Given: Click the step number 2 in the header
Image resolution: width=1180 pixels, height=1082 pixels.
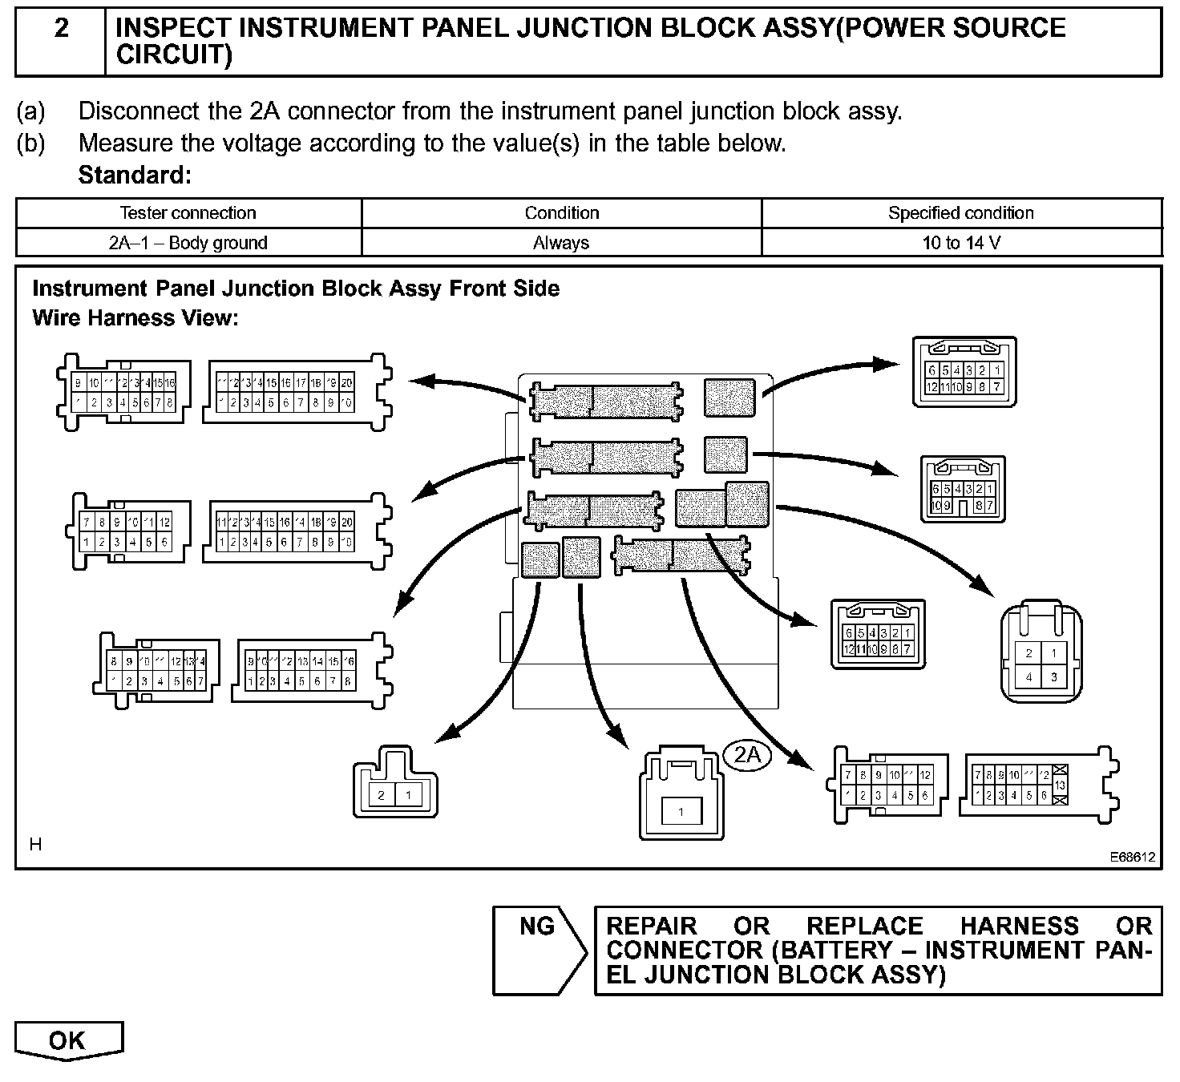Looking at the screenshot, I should pyautogui.click(x=61, y=29).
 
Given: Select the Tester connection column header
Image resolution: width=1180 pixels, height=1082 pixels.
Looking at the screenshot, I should pyautogui.click(x=188, y=213).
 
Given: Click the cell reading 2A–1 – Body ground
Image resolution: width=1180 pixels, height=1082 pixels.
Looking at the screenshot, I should pyautogui.click(x=188, y=243).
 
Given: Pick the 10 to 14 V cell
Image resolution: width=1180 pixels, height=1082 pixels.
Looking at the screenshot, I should pyautogui.click(x=961, y=243).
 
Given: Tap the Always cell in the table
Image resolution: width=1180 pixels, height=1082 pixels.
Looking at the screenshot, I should pyautogui.click(x=561, y=243).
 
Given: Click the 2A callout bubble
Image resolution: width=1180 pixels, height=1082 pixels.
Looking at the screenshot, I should pyautogui.click(x=747, y=754).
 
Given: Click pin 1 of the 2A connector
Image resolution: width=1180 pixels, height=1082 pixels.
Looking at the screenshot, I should pyautogui.click(x=681, y=812).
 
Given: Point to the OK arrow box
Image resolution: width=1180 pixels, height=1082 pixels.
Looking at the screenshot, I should pyautogui.click(x=68, y=1041).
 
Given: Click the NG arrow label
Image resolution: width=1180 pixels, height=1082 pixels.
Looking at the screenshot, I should pyautogui.click(x=537, y=927).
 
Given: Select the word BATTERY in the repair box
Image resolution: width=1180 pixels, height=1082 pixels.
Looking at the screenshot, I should pyautogui.click(x=833, y=951).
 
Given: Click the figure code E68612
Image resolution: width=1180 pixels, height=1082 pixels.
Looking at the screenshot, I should pyautogui.click(x=1132, y=857).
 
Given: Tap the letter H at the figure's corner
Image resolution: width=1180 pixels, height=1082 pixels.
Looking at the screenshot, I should pyautogui.click(x=35, y=844).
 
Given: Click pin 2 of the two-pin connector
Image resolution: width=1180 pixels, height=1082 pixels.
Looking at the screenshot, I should pyautogui.click(x=382, y=795).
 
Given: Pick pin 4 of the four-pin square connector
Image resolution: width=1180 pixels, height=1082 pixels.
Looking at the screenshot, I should pyautogui.click(x=1029, y=676).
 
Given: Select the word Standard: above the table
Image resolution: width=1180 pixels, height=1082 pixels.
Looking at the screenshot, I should pyautogui.click(x=135, y=176).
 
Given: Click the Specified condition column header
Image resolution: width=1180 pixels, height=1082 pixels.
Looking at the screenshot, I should pyautogui.click(x=960, y=213).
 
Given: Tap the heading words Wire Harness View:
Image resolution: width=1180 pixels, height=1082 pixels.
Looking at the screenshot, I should pyautogui.click(x=135, y=318).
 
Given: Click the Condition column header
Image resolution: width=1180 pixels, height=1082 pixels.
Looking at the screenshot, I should pyautogui.click(x=561, y=213).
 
